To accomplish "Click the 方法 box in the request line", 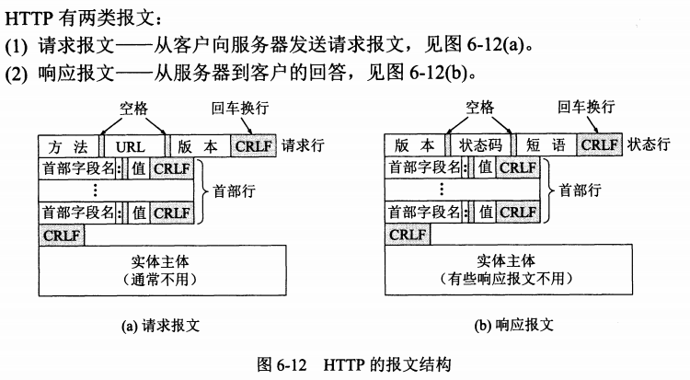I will coord(69,145).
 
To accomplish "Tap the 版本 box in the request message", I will coord(199,145).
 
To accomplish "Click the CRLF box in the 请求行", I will coord(254,145).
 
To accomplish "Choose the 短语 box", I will coord(545,145).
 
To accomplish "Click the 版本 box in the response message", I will coord(414,145).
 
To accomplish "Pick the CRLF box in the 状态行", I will coord(600,145).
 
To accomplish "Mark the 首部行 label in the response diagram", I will coord(580,190).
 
